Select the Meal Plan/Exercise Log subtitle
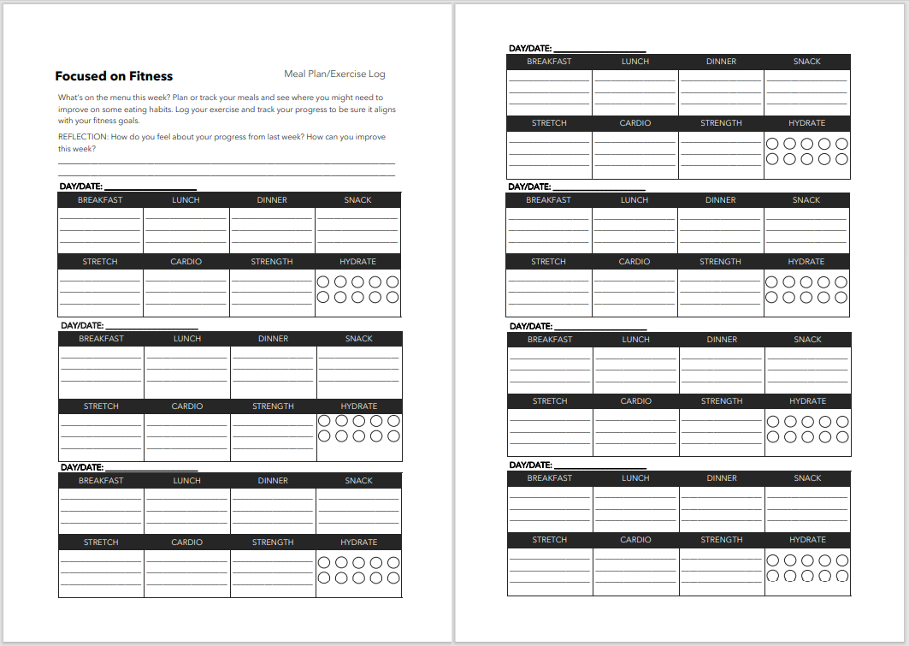point(334,74)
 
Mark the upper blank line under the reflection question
point(227,163)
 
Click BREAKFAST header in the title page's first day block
point(100,200)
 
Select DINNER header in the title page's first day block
point(272,200)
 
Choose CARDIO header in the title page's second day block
point(187,406)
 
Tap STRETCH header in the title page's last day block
point(101,542)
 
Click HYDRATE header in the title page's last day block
point(358,542)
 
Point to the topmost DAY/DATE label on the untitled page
point(529,49)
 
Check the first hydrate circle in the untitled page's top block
point(773,144)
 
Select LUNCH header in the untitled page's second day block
point(635,200)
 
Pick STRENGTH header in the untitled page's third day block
point(722,401)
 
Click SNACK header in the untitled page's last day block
point(807,478)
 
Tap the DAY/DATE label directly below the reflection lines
point(81,186)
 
